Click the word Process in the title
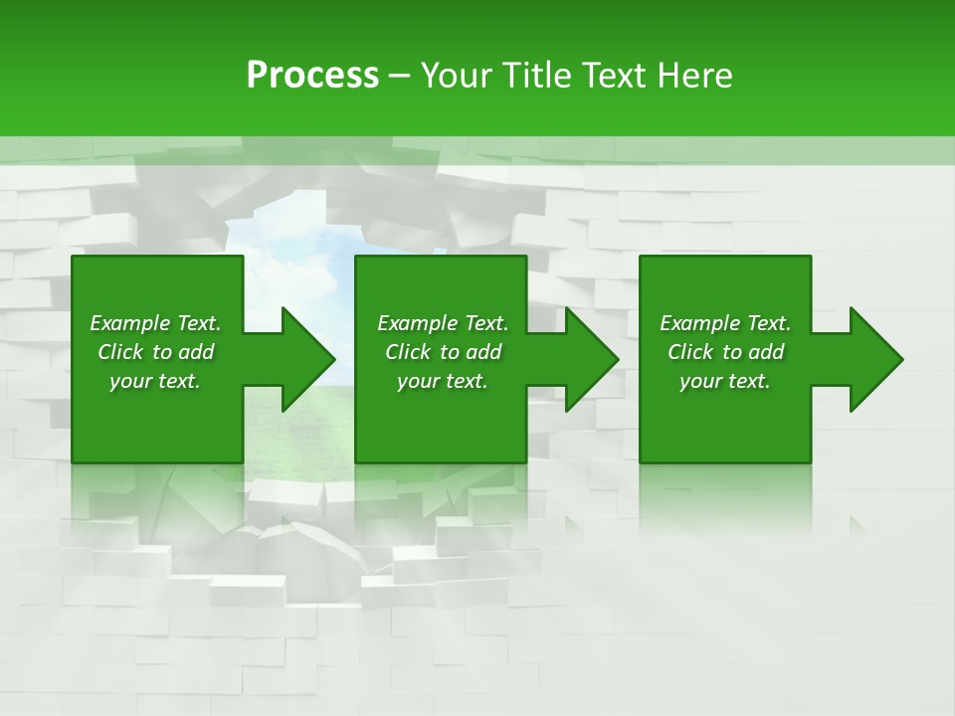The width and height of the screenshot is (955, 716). (312, 75)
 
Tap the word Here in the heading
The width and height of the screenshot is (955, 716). (693, 75)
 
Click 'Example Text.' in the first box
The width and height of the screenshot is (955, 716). (155, 323)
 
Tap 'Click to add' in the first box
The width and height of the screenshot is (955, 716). (155, 352)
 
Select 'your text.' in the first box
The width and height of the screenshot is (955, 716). (155, 381)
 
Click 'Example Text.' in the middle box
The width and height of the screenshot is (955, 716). (443, 323)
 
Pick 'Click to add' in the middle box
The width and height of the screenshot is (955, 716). (443, 352)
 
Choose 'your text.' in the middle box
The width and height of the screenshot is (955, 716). (443, 381)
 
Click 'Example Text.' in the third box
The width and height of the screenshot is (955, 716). (725, 323)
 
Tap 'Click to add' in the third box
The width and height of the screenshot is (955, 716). (725, 352)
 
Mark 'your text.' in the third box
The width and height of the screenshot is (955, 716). (725, 381)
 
